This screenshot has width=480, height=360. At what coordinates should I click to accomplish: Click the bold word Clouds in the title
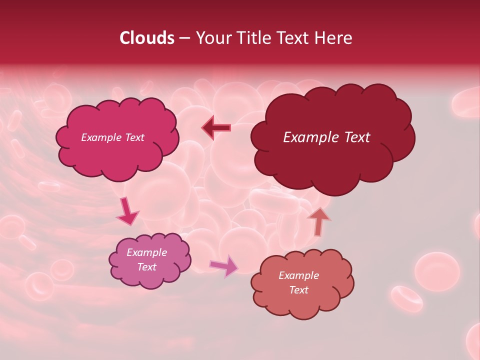coord(147,38)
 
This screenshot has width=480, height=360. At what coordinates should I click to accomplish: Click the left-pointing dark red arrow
coord(216,128)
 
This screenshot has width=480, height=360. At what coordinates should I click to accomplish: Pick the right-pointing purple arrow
coord(224,265)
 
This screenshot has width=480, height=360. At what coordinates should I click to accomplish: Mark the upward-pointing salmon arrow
coord(318,220)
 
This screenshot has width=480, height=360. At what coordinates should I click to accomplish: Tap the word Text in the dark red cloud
coord(356,137)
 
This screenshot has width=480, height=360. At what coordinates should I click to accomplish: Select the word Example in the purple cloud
coord(146,252)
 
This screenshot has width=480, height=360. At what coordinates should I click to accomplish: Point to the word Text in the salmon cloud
coord(298,290)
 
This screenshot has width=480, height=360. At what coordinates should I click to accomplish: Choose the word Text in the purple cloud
coord(146,267)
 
